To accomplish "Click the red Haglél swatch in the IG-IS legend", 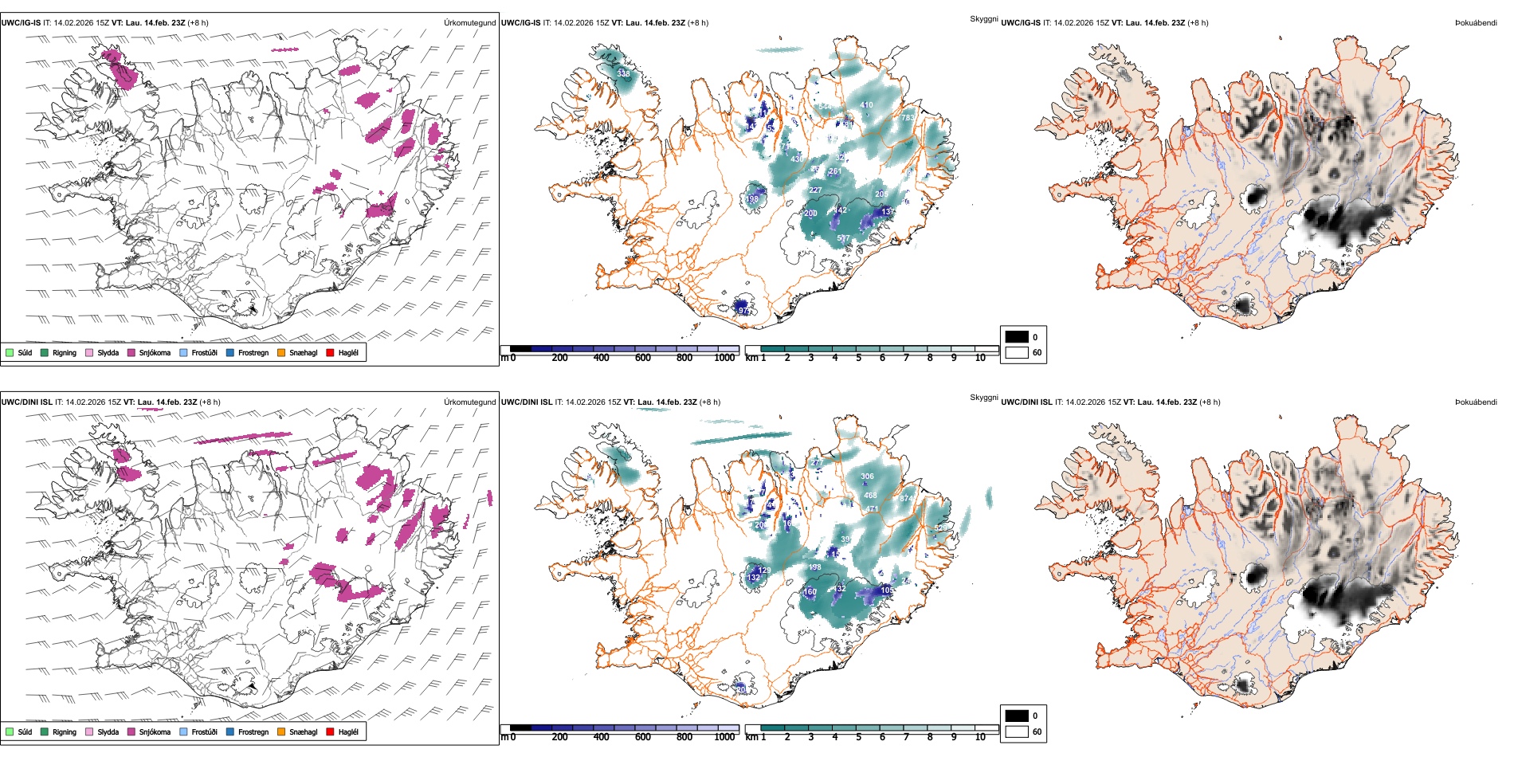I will coord(331,352).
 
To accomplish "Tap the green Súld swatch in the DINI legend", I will coord(10,732).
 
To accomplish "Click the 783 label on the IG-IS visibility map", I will coord(908,118).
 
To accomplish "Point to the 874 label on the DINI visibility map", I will coord(907,499).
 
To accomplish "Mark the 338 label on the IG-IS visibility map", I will coord(623,74).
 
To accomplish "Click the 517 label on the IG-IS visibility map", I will coord(843,238).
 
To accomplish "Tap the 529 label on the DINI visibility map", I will coord(940,528).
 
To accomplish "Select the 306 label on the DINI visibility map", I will coord(867,477).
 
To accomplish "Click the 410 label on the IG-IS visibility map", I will coord(866,105).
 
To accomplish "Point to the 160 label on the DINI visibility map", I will coord(810,592).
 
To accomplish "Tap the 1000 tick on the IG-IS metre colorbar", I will coord(724,358).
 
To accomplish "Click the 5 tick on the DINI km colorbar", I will coord(859,737).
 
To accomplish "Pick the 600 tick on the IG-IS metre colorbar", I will coord(643,358).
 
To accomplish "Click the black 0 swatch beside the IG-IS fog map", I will coord(1017,336).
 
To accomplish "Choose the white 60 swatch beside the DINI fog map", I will coord(1017,732).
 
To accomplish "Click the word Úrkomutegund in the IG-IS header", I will coord(469,23).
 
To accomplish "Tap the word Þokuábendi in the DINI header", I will coord(1476,402).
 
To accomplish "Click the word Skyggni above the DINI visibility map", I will coord(983,398).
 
